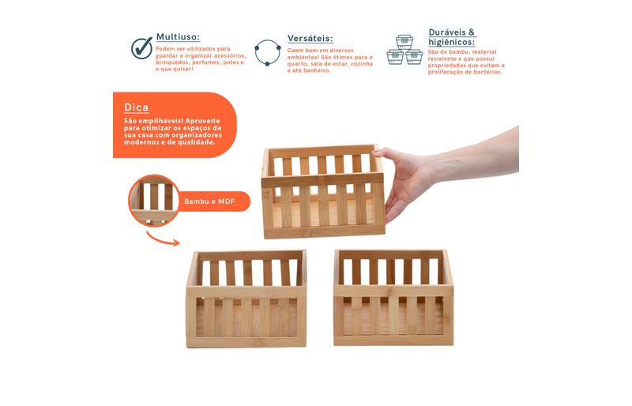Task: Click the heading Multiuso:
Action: [178, 37]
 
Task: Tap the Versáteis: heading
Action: [310, 39]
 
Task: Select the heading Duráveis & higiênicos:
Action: [452, 37]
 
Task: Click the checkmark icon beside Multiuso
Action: [142, 48]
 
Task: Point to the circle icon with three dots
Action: [268, 52]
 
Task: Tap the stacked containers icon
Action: [404, 50]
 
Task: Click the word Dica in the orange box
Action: [136, 107]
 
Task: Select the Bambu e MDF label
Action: [209, 201]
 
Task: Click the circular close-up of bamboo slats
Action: [153, 201]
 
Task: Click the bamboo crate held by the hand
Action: [323, 191]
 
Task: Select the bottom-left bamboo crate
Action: [246, 299]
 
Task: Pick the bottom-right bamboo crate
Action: [393, 298]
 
